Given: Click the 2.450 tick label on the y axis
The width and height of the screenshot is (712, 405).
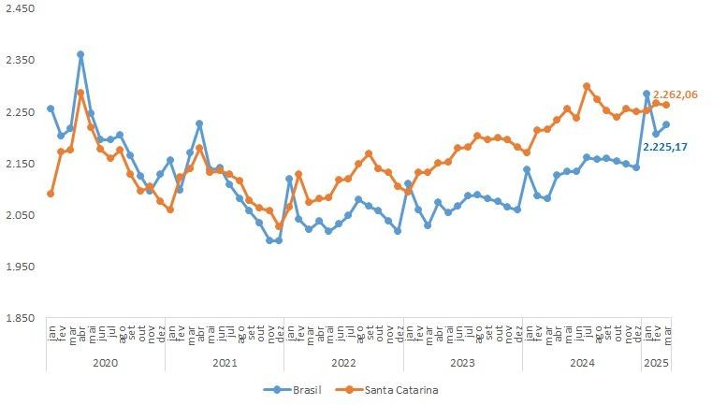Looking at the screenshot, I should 20,8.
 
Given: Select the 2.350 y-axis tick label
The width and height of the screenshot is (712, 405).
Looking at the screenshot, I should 20,60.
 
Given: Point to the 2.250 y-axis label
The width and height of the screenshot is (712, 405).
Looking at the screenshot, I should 20,111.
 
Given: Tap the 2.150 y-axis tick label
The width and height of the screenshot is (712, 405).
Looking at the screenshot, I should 20,164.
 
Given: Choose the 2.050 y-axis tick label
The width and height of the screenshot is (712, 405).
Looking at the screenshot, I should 20,215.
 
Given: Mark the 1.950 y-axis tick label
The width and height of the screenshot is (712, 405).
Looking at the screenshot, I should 20,267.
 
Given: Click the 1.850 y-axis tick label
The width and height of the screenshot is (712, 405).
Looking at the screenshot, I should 20,318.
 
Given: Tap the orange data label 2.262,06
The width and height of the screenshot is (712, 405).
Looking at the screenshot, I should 676,94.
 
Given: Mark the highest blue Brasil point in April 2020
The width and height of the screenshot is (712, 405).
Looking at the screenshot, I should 80,54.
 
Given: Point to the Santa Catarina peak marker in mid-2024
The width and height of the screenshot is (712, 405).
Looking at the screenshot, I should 587,86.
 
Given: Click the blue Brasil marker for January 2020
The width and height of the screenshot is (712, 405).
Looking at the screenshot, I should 51,108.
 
